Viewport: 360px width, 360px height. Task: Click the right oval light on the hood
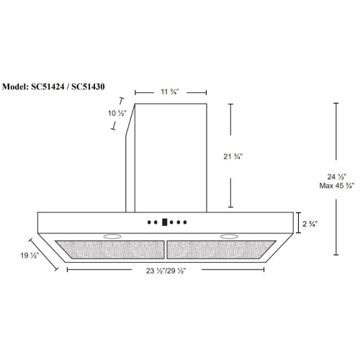pos(228,236)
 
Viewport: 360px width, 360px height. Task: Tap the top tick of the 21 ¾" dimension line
pos(231,104)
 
